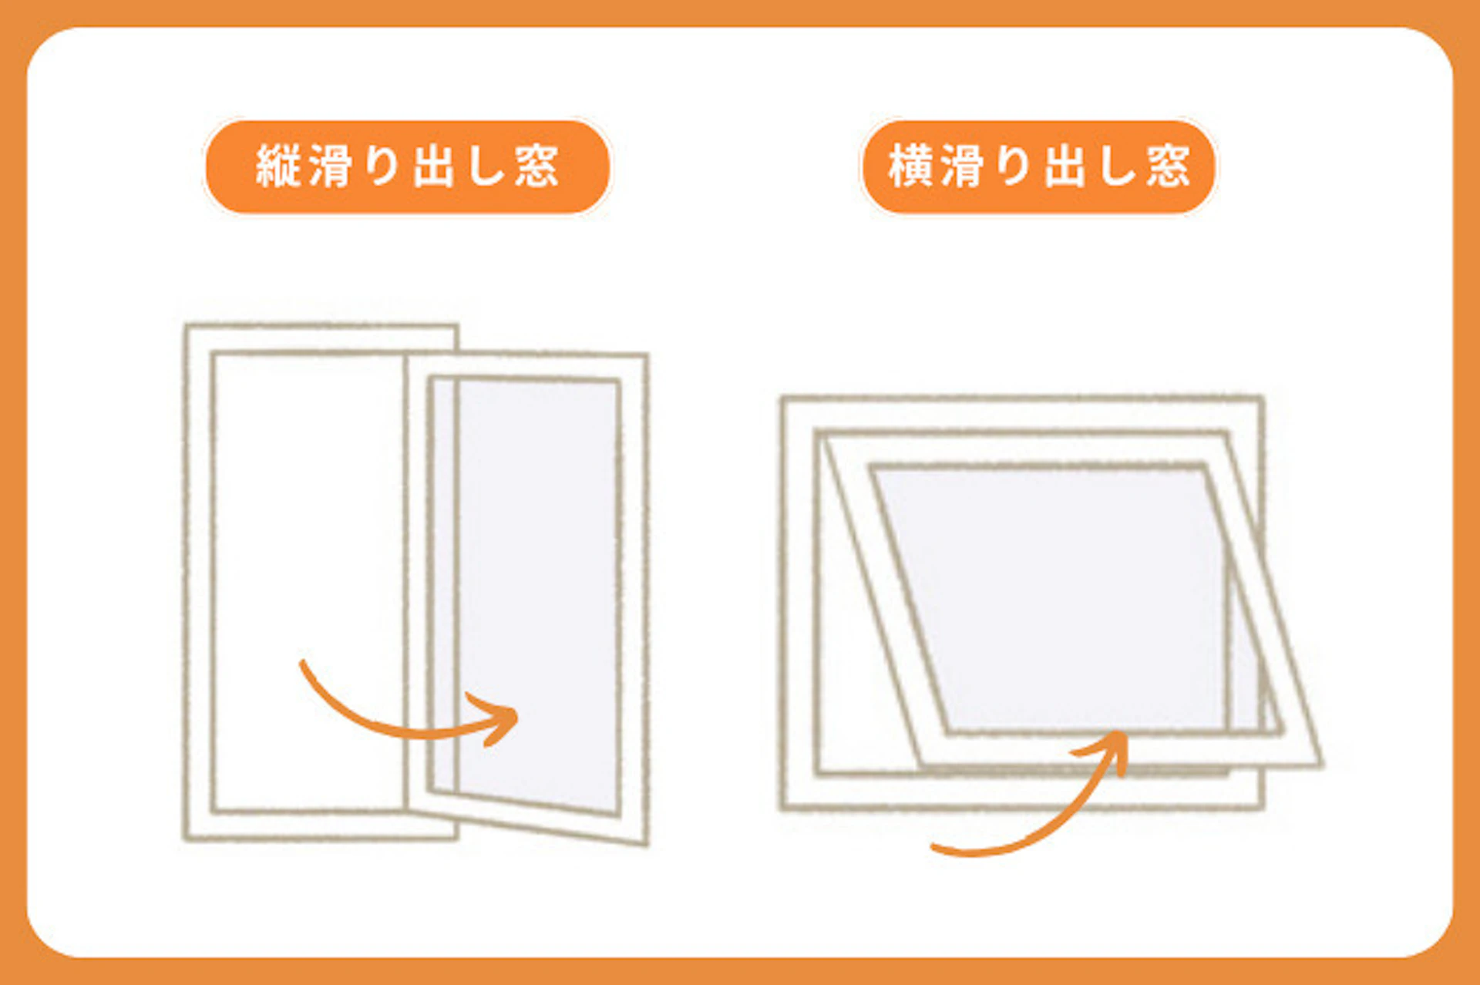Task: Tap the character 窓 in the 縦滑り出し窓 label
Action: click(536, 166)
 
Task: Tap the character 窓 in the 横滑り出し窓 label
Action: click(1168, 166)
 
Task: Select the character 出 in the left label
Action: click(432, 166)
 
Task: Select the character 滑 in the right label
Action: click(961, 166)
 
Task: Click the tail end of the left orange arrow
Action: click(303, 663)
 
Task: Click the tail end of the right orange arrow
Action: click(935, 848)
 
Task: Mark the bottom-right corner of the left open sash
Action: click(645, 842)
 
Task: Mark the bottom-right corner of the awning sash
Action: click(1319, 764)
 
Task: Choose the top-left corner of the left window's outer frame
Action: click(187, 327)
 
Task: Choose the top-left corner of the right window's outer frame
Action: click(782, 399)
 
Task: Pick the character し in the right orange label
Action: click(1115, 166)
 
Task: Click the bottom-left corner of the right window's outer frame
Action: click(783, 807)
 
